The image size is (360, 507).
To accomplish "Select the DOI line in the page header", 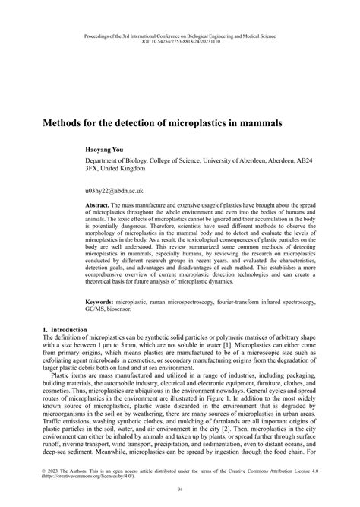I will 179,42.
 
